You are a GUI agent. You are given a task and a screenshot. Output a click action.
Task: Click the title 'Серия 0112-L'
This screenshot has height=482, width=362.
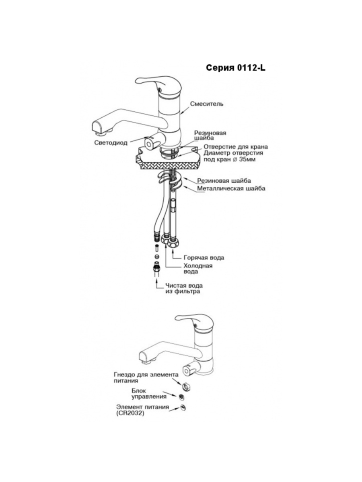coord(236,67)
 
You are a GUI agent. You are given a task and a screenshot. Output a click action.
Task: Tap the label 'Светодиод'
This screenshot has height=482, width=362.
coord(111,142)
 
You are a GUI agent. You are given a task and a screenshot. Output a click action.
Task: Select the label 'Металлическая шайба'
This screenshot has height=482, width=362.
coord(231,188)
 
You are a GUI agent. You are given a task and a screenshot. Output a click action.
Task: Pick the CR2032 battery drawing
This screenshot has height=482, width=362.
coord(184,408)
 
